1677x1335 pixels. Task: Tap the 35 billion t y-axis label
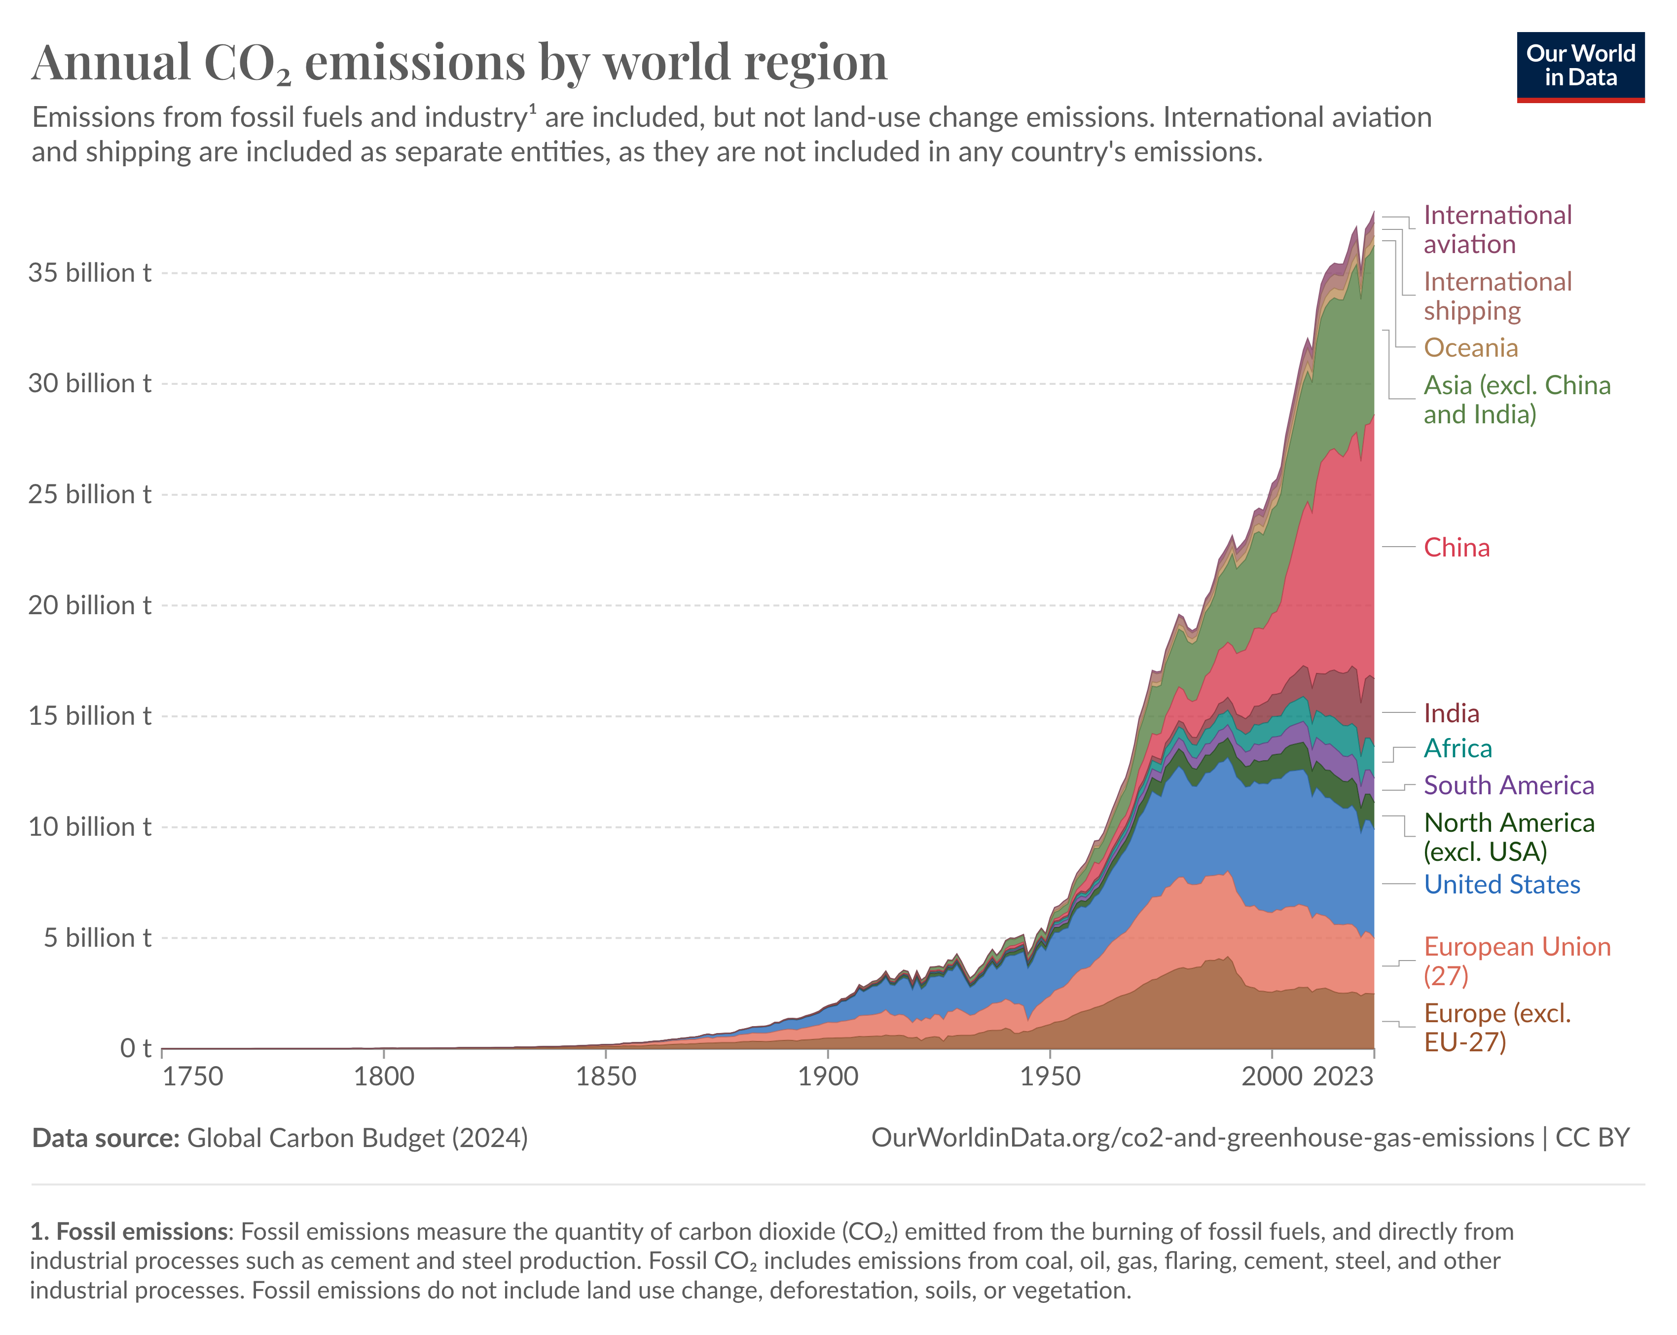tap(89, 273)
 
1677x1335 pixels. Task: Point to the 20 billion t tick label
tap(89, 605)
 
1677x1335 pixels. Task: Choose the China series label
tap(1456, 548)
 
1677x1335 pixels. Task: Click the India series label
tap(1452, 713)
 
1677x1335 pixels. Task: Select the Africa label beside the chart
tap(1458, 748)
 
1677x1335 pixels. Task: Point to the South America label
tap(1508, 786)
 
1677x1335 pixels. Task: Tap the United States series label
tap(1501, 885)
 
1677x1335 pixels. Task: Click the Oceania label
tap(1470, 348)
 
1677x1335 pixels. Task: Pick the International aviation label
tap(1496, 229)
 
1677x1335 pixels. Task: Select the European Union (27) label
tap(1516, 961)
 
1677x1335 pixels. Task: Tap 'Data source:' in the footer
tap(106, 1138)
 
